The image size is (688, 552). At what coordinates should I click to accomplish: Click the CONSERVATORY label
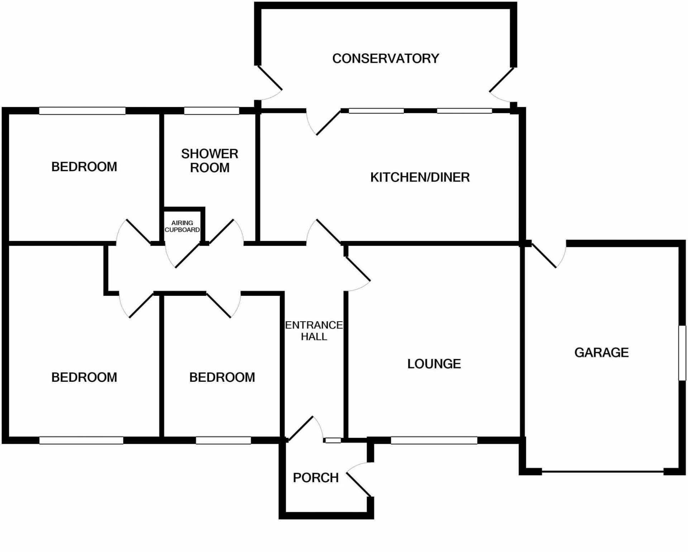point(386,58)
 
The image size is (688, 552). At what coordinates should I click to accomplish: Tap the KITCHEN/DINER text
point(420,177)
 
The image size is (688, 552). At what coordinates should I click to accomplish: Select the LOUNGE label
point(434,364)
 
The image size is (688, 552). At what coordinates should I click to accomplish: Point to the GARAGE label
point(601,352)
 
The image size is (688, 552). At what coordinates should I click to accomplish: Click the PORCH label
point(316,478)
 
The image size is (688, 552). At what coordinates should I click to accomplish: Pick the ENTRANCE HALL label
point(314,331)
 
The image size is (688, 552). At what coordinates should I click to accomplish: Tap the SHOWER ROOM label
point(210,160)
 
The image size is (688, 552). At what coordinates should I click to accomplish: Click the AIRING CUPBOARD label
point(182,226)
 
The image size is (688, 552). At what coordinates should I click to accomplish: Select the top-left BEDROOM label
point(84,167)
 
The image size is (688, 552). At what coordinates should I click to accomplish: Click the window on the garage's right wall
point(682,353)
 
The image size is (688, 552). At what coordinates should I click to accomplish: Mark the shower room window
point(211,111)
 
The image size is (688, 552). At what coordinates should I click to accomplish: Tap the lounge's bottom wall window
point(434,440)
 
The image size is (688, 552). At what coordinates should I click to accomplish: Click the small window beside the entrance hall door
point(333,440)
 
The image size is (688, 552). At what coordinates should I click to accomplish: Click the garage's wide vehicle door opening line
point(602,472)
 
